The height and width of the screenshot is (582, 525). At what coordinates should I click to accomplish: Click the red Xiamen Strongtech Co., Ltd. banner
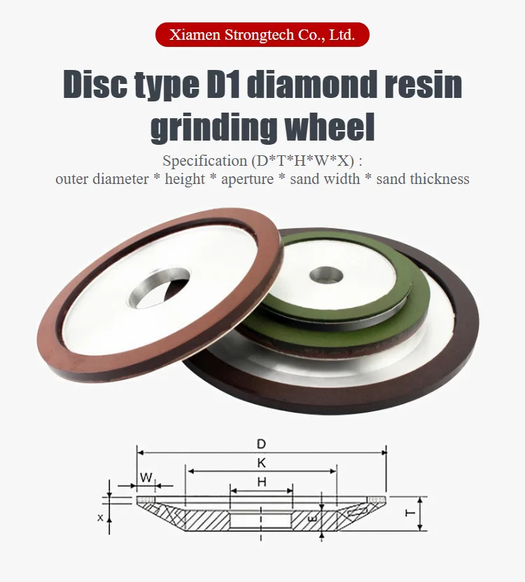pos(262,34)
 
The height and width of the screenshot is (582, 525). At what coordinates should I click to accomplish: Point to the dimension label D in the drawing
pos(261,443)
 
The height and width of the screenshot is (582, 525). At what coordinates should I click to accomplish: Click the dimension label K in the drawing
pos(261,462)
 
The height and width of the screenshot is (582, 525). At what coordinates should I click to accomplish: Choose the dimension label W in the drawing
pos(145,477)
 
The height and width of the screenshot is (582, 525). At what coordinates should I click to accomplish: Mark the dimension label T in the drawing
pos(409,513)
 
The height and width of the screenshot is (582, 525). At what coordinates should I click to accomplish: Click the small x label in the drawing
pos(100,518)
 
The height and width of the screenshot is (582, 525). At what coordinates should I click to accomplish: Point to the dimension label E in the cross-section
pos(312,520)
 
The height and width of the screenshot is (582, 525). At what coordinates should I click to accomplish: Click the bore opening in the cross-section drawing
pos(260,521)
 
